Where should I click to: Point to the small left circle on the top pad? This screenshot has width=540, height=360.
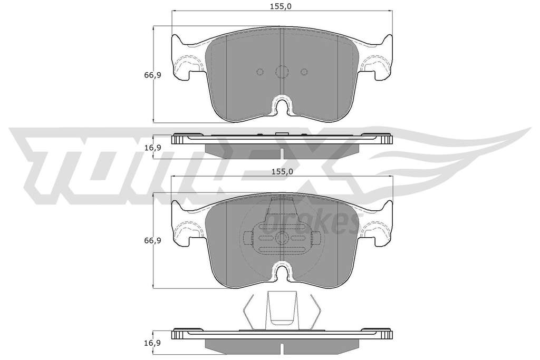tap(260, 72)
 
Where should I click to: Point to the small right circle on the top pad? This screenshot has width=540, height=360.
tap(304, 72)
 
